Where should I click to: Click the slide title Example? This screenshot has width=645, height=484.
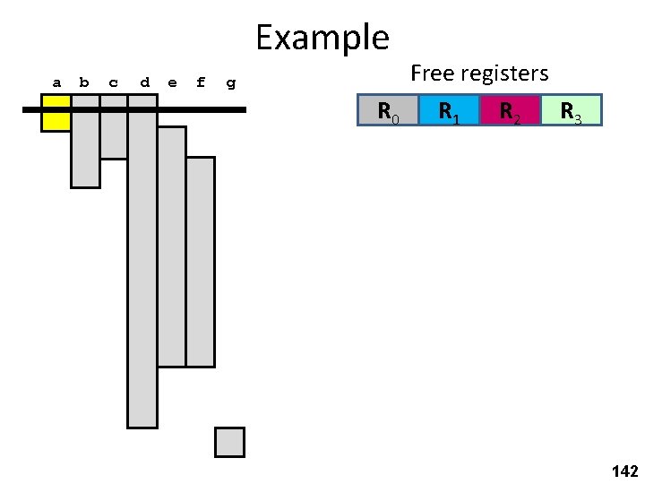[x=322, y=38]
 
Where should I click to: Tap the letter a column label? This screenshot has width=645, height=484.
[x=56, y=83]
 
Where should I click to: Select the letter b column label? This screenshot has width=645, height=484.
[x=84, y=83]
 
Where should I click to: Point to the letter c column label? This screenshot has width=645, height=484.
[x=113, y=83]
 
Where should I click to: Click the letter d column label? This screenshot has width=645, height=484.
[x=144, y=83]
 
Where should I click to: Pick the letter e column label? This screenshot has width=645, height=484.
[x=172, y=83]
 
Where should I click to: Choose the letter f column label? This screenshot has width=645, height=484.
[x=201, y=83]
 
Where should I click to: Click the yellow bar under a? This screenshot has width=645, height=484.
[x=56, y=114]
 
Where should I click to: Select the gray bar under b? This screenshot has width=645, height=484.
[x=85, y=148]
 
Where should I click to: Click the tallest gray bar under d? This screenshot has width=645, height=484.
[x=142, y=269]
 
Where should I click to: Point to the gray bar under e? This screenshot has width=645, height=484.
[x=171, y=246]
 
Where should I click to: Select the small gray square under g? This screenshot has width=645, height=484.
[x=229, y=442]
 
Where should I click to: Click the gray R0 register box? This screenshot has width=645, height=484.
[x=388, y=110]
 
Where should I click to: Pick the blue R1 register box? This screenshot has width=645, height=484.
[x=449, y=110]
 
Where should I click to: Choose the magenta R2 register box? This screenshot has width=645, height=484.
[x=510, y=110]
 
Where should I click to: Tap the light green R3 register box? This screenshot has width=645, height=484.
[x=571, y=110]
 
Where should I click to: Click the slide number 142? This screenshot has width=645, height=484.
[x=623, y=471]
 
